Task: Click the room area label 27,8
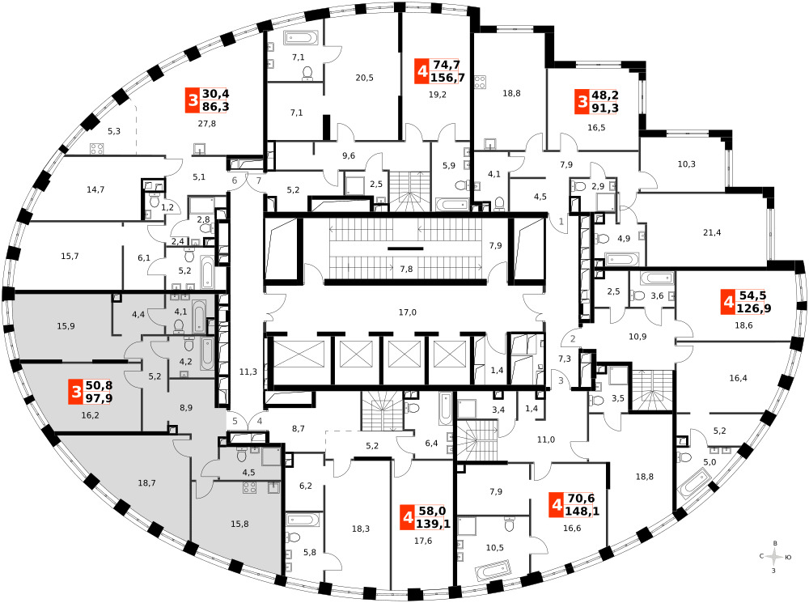pos(207,123)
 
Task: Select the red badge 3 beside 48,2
pos(582,102)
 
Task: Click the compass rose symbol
pos(774,557)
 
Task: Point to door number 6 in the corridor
pos(235,180)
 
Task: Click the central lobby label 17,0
pos(407,312)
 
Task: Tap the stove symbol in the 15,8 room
pos(249,487)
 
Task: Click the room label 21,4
pos(711,232)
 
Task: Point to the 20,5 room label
pos(364,78)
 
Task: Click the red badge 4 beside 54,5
pos(729,302)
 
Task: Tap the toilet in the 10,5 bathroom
pos(509,524)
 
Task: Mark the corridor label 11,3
pos(248,372)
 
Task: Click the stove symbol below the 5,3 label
pos(97,149)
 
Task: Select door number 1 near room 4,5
pos(561,222)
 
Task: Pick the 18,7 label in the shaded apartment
pos(146,482)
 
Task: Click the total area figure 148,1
pos(582,511)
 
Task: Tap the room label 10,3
pos(686,163)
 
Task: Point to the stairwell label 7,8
pos(406,269)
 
